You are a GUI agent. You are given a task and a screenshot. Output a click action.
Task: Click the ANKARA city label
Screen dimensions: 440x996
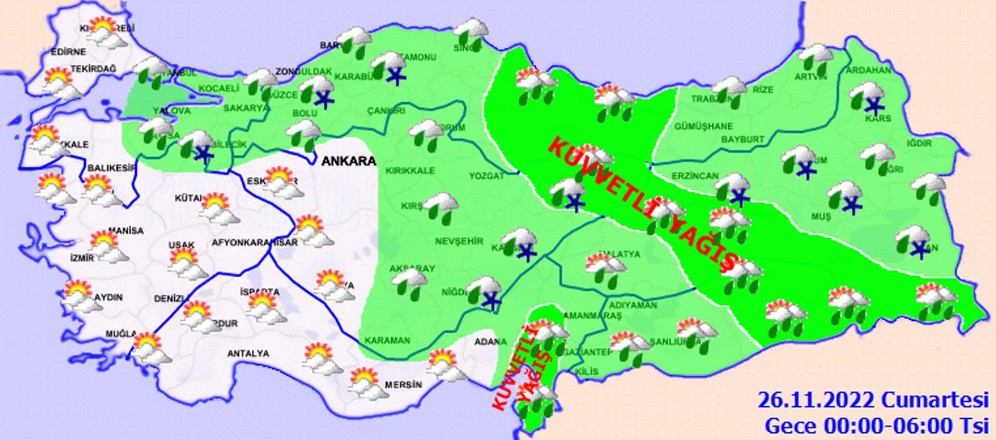click(348, 161)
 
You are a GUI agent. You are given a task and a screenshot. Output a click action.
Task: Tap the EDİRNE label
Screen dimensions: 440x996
click(68, 52)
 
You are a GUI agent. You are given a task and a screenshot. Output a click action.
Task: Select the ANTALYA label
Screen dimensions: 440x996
click(248, 353)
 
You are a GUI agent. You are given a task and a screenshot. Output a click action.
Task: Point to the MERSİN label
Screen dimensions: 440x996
click(403, 385)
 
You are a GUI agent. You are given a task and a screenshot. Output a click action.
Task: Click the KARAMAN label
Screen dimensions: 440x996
click(387, 340)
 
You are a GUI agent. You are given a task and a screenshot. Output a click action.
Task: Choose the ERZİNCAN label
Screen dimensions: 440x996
click(695, 176)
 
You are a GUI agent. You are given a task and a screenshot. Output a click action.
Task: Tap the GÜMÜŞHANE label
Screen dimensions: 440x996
click(703, 126)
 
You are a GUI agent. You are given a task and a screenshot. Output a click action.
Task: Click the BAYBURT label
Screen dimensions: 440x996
click(742, 139)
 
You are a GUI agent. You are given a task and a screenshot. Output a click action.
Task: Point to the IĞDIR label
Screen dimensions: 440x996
click(919, 143)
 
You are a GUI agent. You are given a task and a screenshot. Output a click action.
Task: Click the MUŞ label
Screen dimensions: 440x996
click(821, 217)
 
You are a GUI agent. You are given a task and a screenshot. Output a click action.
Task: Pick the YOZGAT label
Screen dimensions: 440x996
click(486, 176)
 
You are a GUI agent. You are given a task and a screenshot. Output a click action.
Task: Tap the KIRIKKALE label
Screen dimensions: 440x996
click(410, 171)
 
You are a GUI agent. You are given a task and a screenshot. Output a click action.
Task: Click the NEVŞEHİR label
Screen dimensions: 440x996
click(459, 242)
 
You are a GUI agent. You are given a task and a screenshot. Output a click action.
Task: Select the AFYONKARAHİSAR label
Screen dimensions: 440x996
click(254, 243)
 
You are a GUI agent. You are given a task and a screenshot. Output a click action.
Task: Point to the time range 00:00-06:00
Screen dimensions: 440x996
click(888, 426)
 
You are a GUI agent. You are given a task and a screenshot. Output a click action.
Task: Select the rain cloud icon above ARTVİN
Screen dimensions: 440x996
click(815, 59)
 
